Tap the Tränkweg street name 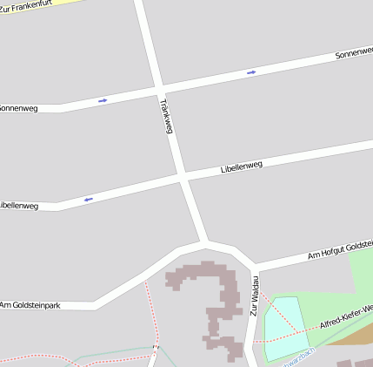[166, 115]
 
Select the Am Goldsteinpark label [30, 304]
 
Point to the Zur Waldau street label [256, 296]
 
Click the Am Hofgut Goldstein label [340, 251]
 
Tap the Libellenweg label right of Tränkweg [242, 163]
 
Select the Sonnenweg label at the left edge [18, 108]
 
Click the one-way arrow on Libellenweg [88, 200]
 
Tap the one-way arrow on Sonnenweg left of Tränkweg [103, 100]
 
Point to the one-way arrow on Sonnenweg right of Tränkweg [251, 71]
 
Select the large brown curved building [213, 301]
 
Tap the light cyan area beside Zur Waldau [285, 327]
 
